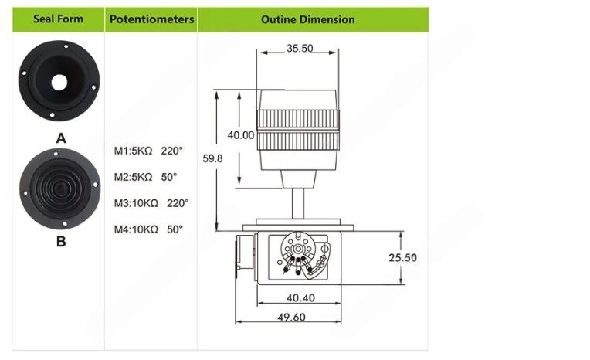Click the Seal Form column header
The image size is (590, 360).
[59, 19]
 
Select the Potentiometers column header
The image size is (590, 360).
[151, 19]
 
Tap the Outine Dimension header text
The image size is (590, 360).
[308, 19]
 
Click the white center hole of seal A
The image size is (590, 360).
[59, 83]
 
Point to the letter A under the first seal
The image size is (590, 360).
[61, 138]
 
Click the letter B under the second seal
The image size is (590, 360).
[61, 241]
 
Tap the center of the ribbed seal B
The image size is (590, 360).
[59, 188]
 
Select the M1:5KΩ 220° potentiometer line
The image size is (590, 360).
[148, 151]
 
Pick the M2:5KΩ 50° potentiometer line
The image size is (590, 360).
[145, 177]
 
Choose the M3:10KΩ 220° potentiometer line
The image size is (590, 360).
[151, 203]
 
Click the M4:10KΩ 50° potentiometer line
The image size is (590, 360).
[148, 229]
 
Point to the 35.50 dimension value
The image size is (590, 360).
[300, 49]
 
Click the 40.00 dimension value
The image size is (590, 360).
[241, 135]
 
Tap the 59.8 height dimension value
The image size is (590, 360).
[212, 158]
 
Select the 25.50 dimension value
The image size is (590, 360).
[402, 258]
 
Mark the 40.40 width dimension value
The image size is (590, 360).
[300, 298]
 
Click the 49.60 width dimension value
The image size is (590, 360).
[291, 317]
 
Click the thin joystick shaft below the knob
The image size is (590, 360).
[298, 203]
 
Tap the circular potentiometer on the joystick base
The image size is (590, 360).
[298, 249]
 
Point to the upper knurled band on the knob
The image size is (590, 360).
[298, 120]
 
